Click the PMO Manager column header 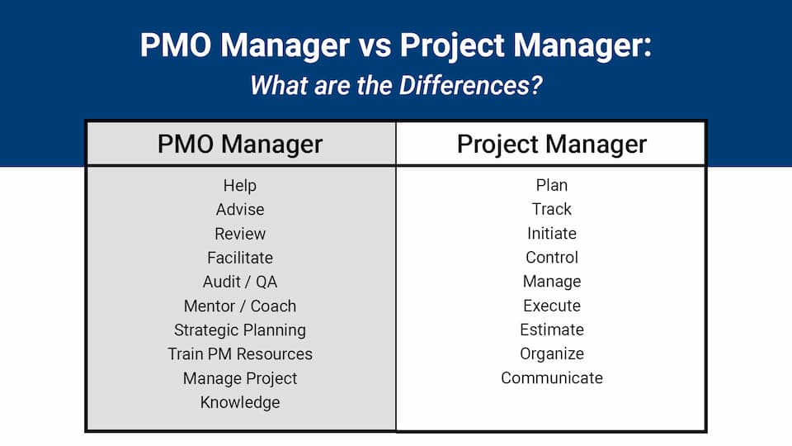coord(240,145)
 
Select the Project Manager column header coord(552,145)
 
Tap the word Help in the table coord(240,186)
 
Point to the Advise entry coord(240,210)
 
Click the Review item coord(240,234)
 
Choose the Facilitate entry coord(240,258)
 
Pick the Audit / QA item coord(240,282)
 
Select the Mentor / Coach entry coord(240,306)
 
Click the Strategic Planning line coord(240,330)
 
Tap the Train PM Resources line coord(240,353)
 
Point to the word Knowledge coord(240,402)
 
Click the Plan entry coord(552,186)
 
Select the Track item coord(552,210)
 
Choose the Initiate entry coord(552,234)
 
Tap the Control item coord(552,258)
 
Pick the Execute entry coord(552,306)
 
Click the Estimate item coord(552,330)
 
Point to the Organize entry coord(552,353)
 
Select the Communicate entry coord(552,378)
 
